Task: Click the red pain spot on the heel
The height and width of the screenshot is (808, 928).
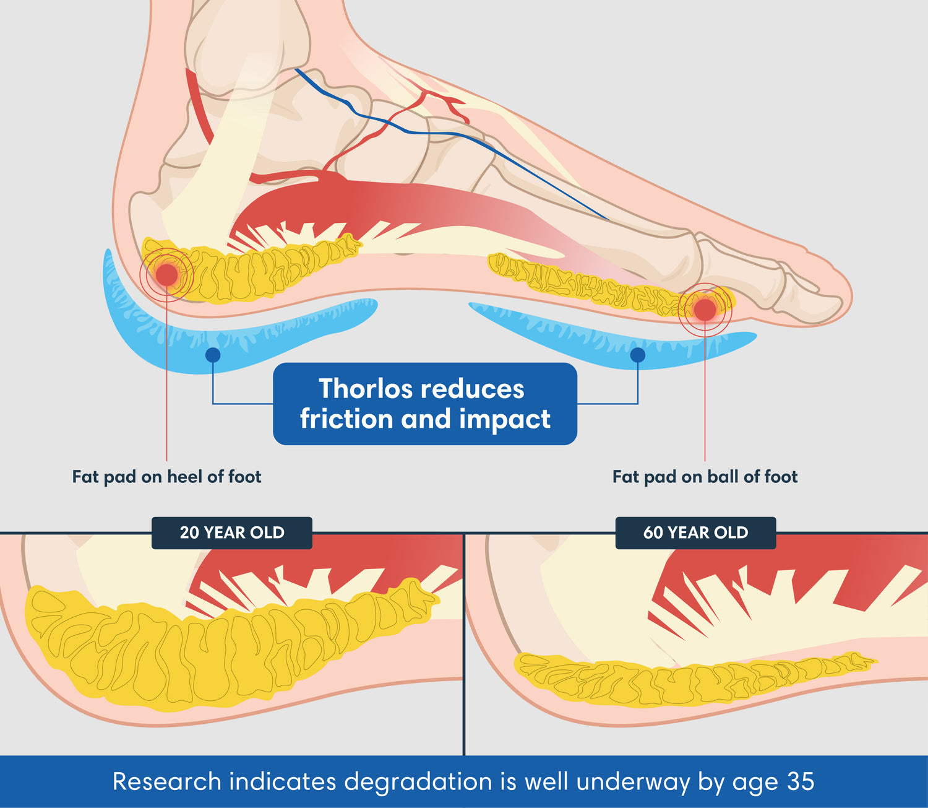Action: coord(166,274)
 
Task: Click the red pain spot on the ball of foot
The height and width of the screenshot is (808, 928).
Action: coord(705,309)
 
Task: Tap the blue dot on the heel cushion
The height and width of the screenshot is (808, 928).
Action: coord(213,355)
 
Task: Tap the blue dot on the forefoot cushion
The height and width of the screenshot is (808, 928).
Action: coord(637,355)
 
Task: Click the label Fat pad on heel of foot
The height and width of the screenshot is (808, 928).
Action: coord(166,477)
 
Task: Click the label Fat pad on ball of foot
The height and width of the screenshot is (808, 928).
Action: coord(705,477)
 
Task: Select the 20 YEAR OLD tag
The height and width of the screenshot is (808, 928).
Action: coord(232,532)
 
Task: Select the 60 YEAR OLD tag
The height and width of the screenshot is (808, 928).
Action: coord(695,532)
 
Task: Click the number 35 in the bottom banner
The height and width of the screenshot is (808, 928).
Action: coord(801,781)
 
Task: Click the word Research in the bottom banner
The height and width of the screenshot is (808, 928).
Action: coord(166,781)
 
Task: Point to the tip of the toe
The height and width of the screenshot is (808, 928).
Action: coord(848,297)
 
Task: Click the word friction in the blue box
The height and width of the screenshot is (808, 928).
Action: coord(346,419)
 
